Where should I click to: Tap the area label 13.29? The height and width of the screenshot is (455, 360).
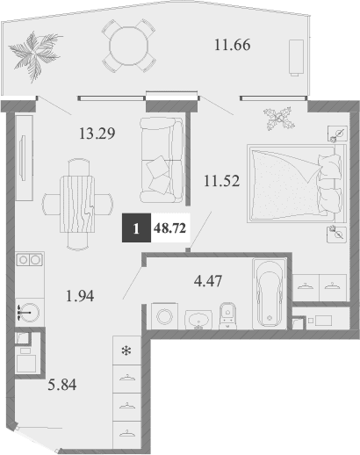pos(97,134)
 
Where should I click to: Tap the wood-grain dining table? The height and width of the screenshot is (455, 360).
pos(81,199)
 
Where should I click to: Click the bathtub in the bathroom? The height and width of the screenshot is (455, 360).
pos(268,290)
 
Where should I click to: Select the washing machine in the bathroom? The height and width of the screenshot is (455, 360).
pos(164,315)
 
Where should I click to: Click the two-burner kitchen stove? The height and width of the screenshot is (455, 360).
pos(29,260)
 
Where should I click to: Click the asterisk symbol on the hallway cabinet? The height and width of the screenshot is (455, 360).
pos(126,352)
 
